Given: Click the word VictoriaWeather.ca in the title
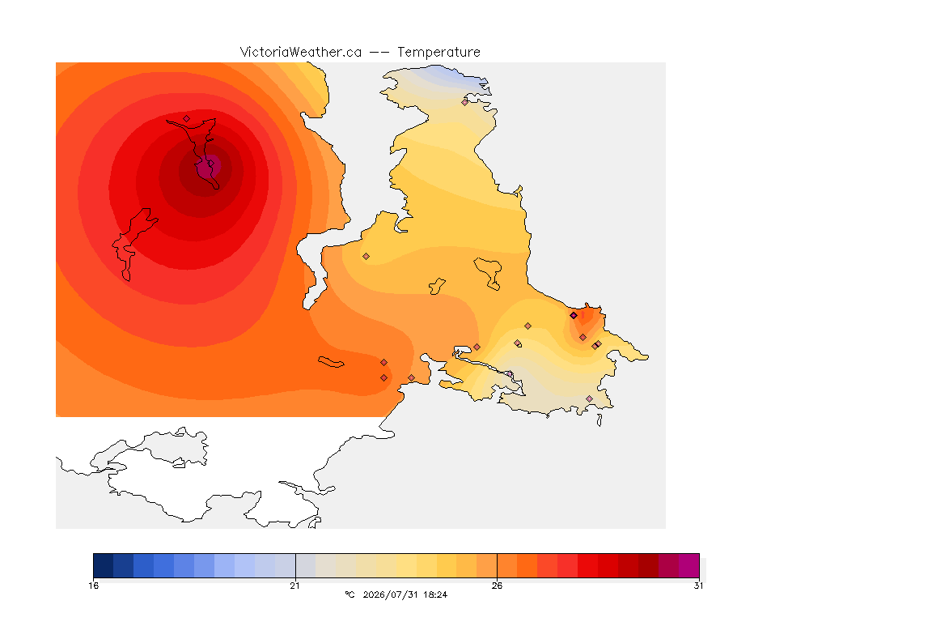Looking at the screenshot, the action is tap(301, 53).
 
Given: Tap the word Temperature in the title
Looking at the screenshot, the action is tap(438, 53).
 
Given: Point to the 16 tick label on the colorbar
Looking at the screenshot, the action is tap(93, 586).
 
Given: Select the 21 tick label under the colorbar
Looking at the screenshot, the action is tap(294, 586).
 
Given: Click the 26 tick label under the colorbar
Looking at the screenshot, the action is tap(497, 586).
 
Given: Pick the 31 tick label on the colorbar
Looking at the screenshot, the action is tap(698, 586).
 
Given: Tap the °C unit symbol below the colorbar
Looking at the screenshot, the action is tap(349, 594).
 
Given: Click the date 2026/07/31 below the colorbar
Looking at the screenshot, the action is tap(390, 594).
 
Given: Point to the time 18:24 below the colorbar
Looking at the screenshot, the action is tap(435, 594).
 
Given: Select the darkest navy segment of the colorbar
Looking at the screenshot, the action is tap(104, 565).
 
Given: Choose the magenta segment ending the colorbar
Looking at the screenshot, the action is tap(689, 565).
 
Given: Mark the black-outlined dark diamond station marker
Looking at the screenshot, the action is tap(574, 316).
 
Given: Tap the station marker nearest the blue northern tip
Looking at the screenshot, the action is tap(465, 102).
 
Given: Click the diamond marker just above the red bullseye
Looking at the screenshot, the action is tap(187, 118).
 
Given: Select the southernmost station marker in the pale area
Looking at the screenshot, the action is tap(589, 398).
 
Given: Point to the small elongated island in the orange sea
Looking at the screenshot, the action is tap(330, 362).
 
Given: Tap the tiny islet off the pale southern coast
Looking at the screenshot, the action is tap(599, 420).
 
